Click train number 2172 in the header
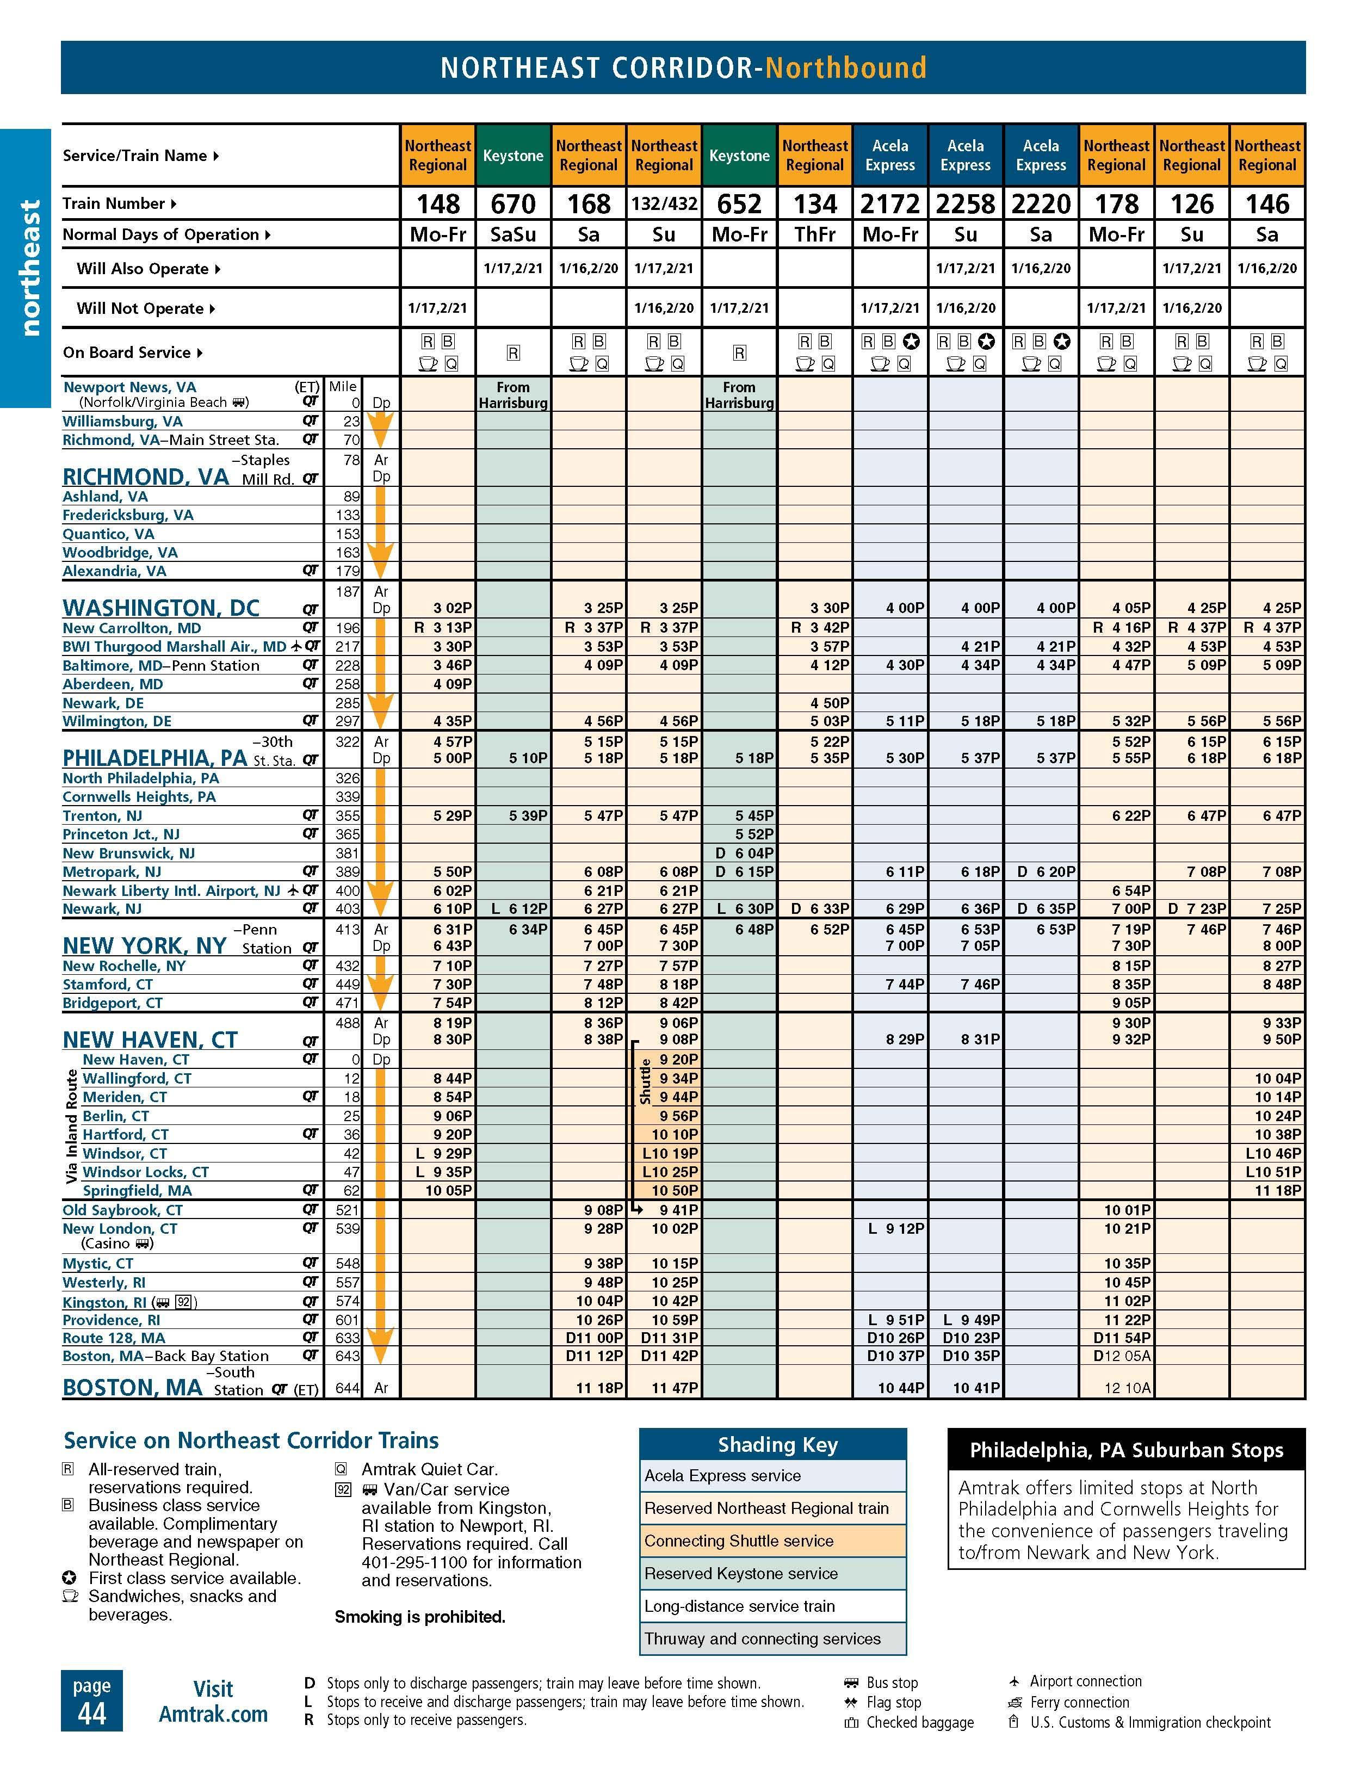pyautogui.click(x=890, y=203)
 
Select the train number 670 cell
pyautogui.click(x=513, y=203)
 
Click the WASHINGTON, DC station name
pyautogui.click(x=161, y=608)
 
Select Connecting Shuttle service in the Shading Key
pyautogui.click(x=738, y=1541)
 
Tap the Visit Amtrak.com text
pyautogui.click(x=213, y=1702)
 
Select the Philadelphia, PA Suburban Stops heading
pyautogui.click(x=1125, y=1451)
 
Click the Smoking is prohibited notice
pyautogui.click(x=419, y=1617)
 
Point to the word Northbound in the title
pyautogui.click(x=845, y=67)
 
